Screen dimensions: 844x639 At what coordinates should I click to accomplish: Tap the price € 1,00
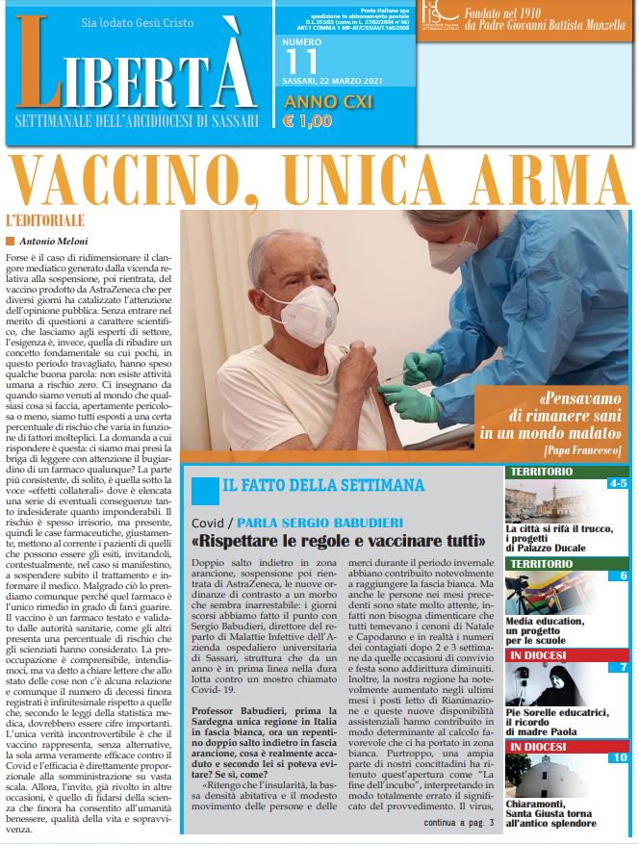[x=307, y=122]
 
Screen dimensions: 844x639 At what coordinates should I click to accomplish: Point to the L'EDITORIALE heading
[x=44, y=219]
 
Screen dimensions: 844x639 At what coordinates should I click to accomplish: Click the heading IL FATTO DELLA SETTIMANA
[x=322, y=485]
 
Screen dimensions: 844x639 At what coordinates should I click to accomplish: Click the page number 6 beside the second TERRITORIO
[x=623, y=575]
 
